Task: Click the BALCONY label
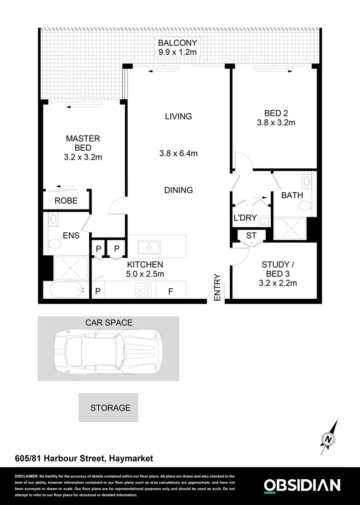click(178, 43)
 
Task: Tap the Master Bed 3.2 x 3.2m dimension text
click(83, 157)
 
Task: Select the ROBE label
click(66, 201)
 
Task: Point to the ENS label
click(71, 236)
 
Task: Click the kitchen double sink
click(149, 246)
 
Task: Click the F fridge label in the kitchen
click(171, 291)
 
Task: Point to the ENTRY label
click(217, 287)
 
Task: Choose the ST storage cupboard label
click(251, 236)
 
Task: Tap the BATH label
click(292, 195)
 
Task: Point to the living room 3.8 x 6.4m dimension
click(178, 153)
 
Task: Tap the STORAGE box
click(110, 408)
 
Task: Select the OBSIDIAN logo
click(302, 485)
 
